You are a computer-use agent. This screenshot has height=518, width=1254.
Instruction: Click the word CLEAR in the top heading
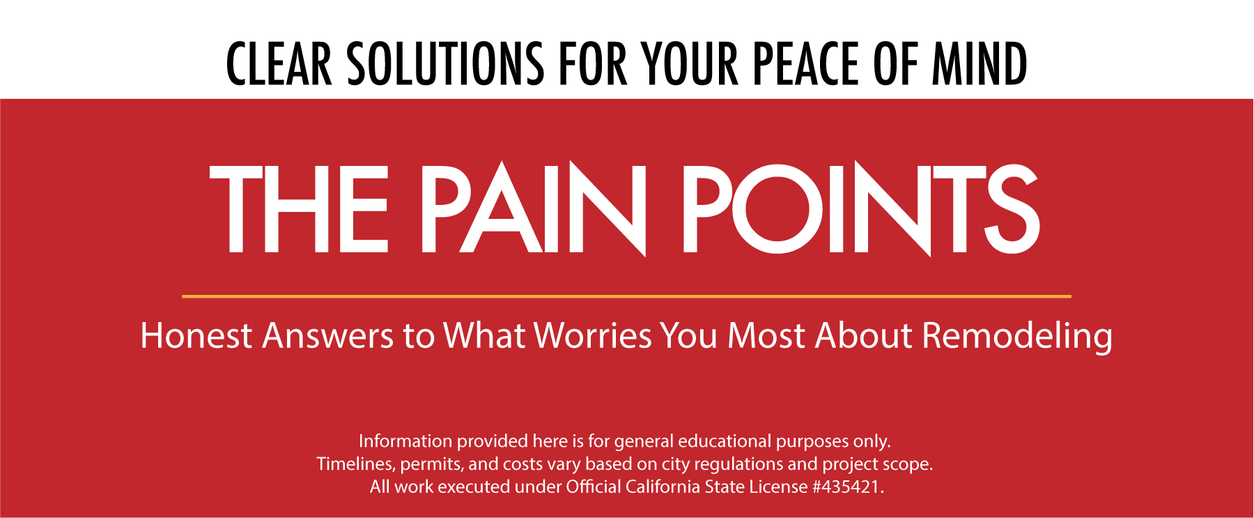point(279,63)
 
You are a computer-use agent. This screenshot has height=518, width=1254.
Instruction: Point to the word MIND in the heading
point(980,63)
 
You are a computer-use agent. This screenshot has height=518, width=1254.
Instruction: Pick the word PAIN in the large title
point(534,209)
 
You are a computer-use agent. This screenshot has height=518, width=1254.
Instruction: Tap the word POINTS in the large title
point(861,209)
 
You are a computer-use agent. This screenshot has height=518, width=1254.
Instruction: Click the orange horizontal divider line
point(626,296)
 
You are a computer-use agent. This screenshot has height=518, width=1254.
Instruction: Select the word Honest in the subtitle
point(196,335)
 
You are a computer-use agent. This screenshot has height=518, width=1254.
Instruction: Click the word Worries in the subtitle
point(593,335)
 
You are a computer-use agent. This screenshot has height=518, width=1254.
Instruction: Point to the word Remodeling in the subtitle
point(1017,338)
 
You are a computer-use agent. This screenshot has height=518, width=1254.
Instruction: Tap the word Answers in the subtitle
point(327,335)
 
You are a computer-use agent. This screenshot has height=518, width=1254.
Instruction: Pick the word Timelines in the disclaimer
point(356,464)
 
